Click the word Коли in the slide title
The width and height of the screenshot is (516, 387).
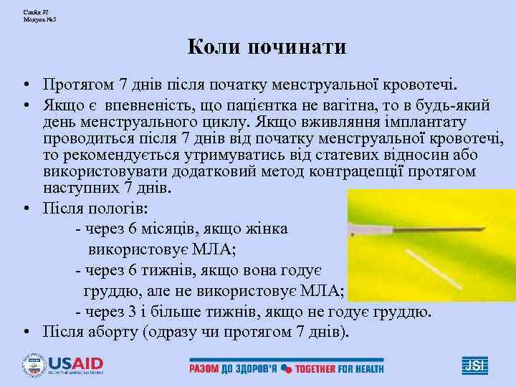(214, 48)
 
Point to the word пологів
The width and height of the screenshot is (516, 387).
(118, 209)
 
